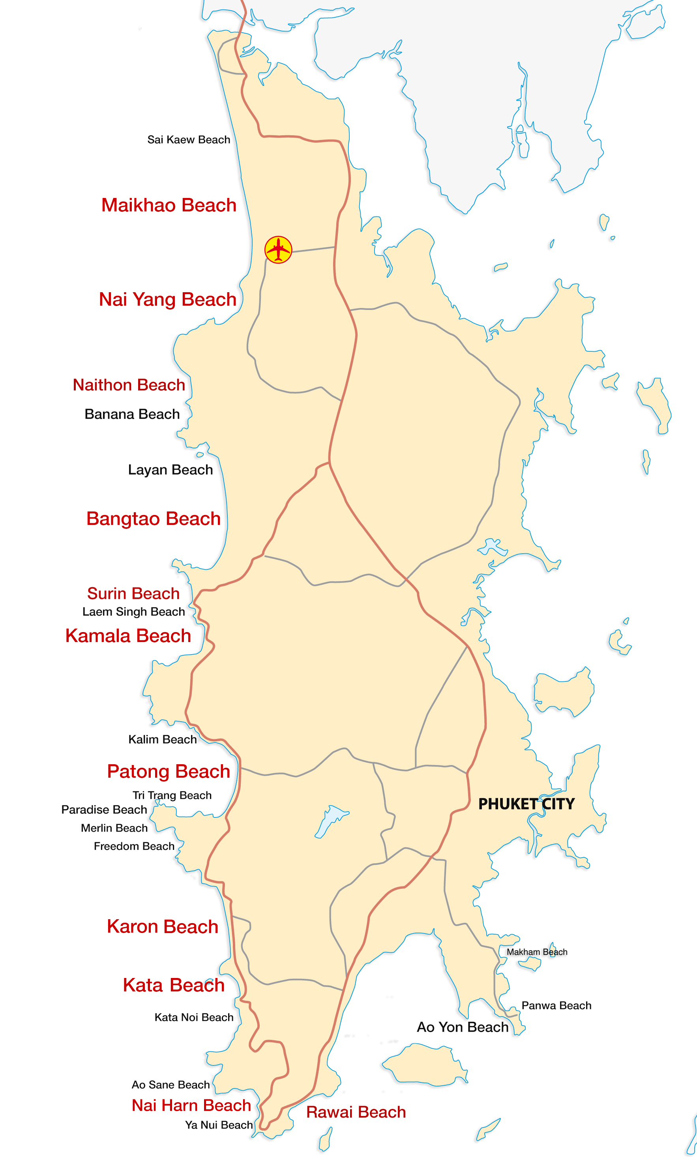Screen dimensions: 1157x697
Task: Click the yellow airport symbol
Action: click(278, 250)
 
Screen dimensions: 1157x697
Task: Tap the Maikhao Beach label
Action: click(169, 205)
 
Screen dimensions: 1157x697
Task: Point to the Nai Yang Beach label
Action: click(167, 299)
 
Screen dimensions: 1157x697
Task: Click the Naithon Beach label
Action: click(129, 385)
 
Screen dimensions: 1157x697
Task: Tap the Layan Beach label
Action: click(170, 470)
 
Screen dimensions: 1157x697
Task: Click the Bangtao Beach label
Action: click(153, 519)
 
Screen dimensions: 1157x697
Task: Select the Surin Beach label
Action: click(133, 593)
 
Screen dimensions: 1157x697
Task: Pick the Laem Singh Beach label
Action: click(133, 612)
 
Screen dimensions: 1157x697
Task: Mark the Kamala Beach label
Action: click(128, 636)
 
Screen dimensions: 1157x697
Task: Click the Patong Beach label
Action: click(168, 771)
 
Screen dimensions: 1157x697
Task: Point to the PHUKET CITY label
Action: click(526, 804)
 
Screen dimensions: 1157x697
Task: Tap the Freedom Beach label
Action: click(134, 846)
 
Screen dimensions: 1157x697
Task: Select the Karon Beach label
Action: click(163, 927)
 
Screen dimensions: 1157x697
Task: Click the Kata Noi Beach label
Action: click(193, 1017)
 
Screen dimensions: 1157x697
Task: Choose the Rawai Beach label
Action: click(356, 1112)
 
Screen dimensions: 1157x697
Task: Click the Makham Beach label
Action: click(536, 952)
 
